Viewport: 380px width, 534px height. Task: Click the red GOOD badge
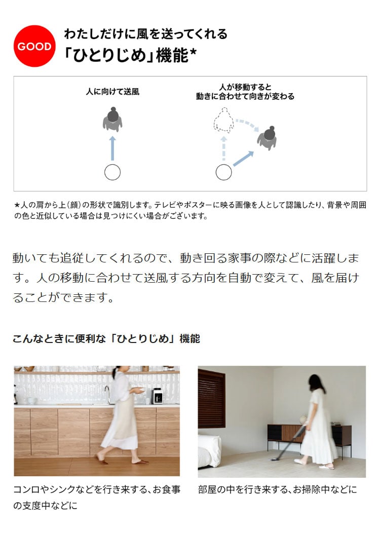click(x=34, y=46)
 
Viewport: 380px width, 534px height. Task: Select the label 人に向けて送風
click(x=112, y=92)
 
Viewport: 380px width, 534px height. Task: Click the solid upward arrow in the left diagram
click(x=112, y=148)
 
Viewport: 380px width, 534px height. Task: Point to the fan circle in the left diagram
click(x=112, y=172)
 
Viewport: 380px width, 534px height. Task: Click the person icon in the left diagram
click(x=112, y=119)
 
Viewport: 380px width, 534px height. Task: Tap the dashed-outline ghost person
click(x=224, y=120)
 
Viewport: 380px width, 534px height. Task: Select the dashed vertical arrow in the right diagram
click(x=224, y=148)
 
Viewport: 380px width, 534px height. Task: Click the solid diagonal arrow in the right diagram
click(x=244, y=159)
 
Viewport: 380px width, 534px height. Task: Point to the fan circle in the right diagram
click(x=224, y=172)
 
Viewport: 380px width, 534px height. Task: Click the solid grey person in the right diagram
click(x=268, y=138)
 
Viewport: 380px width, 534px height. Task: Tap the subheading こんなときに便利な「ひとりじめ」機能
click(x=106, y=339)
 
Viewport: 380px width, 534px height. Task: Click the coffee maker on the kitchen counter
click(x=157, y=396)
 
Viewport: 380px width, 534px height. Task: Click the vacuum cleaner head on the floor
click(x=275, y=460)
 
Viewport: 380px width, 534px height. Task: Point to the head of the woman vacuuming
click(x=316, y=383)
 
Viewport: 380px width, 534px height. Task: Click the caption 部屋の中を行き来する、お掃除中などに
click(x=278, y=490)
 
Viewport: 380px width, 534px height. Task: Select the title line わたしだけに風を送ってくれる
click(x=146, y=34)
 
